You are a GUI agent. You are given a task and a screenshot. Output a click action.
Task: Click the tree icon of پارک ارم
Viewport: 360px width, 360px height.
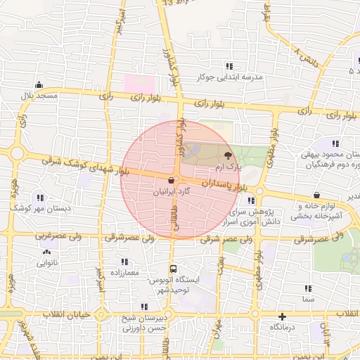click(227, 155)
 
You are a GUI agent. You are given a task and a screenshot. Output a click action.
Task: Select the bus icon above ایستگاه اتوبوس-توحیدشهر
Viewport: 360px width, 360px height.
click(173, 269)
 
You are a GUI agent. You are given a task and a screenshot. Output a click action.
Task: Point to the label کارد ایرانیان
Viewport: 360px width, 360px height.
click(172, 191)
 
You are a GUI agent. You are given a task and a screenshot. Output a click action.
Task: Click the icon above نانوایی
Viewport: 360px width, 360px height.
click(47, 251)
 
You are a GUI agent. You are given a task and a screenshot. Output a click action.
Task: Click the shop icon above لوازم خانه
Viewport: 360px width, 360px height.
click(318, 195)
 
